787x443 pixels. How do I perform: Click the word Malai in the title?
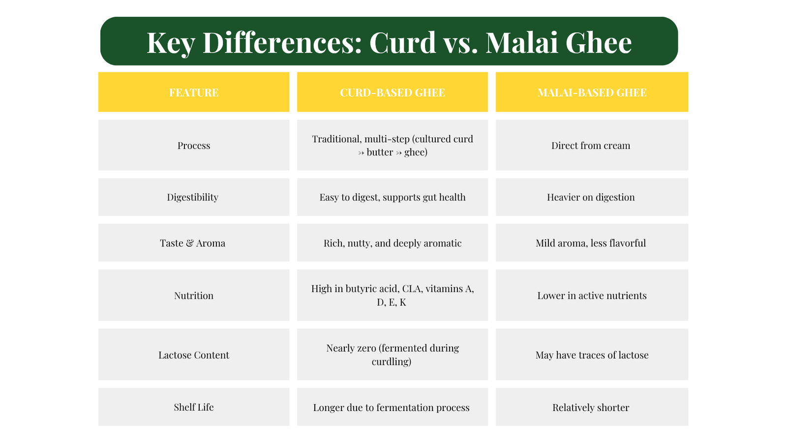[522, 42]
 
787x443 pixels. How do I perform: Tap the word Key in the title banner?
[171, 43]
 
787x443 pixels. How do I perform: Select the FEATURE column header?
[194, 93]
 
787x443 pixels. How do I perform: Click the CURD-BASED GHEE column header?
[393, 93]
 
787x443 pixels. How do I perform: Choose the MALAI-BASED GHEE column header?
[592, 93]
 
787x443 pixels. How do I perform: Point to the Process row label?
[194, 146]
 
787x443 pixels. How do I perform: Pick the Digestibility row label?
[192, 197]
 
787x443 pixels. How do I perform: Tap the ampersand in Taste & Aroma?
[190, 243]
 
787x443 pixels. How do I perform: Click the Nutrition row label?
[194, 296]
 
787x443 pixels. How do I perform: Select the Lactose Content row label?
[194, 355]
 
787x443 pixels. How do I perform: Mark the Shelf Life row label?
[194, 407]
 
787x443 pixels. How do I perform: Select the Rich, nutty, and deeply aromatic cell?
[393, 243]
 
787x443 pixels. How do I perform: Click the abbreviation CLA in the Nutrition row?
[412, 288]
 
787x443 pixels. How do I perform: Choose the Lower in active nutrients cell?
[592, 296]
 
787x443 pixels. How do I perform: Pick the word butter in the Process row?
[379, 152]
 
